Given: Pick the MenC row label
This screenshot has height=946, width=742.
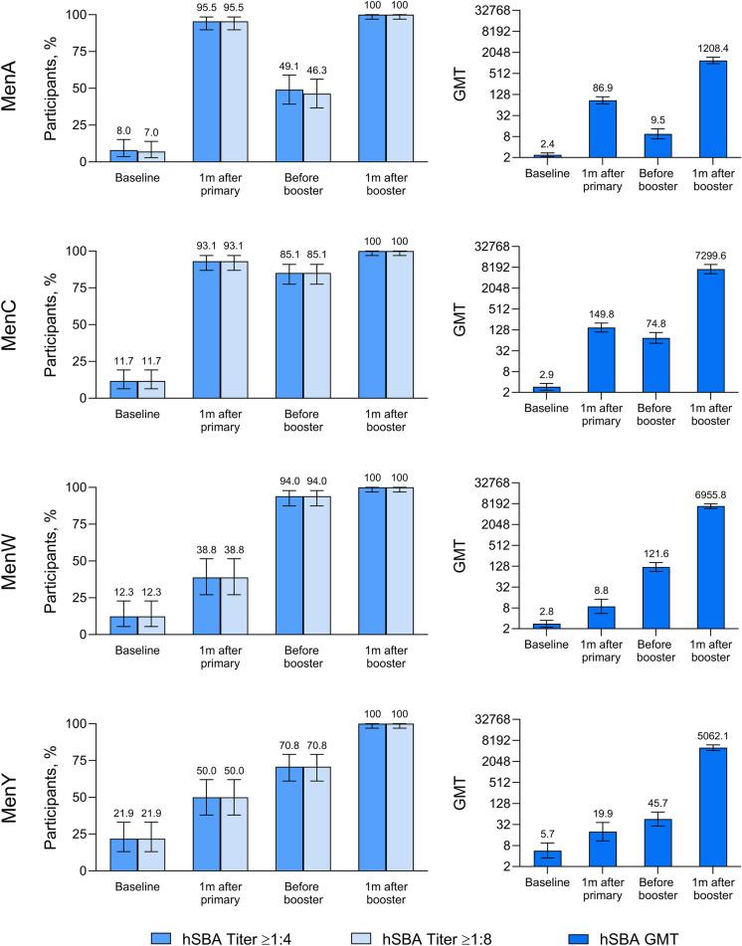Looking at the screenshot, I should point(14,317).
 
